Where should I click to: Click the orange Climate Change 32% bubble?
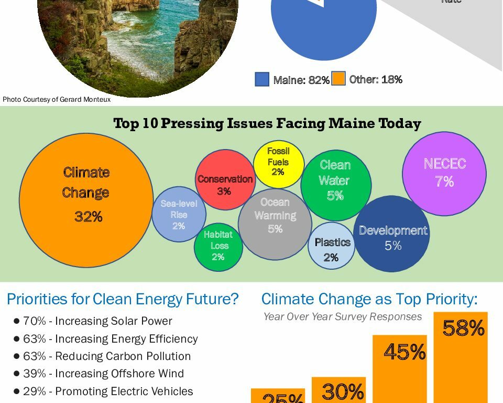click(x=86, y=200)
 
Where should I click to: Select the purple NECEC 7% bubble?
click(x=444, y=174)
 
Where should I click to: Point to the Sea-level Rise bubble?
click(x=179, y=214)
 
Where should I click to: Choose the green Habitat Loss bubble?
click(x=218, y=247)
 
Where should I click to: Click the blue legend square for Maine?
click(x=262, y=79)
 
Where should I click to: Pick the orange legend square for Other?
click(x=338, y=79)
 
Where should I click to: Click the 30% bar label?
click(x=343, y=392)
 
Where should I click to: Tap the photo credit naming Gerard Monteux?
click(x=57, y=99)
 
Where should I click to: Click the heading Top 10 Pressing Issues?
click(x=267, y=124)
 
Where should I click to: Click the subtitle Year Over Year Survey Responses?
click(x=342, y=316)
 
